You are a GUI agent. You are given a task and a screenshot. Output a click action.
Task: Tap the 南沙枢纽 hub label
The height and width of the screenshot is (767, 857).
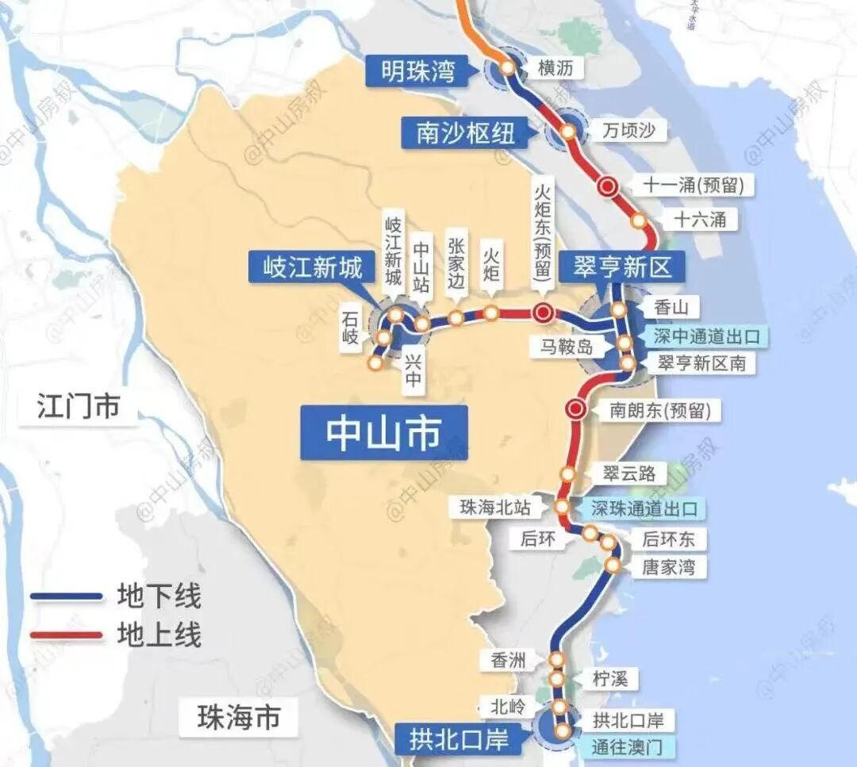pos(466,132)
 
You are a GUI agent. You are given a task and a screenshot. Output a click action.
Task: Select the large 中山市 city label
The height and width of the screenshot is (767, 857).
pos(384,433)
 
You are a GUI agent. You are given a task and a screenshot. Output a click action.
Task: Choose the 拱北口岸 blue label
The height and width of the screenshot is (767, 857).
pos(459,740)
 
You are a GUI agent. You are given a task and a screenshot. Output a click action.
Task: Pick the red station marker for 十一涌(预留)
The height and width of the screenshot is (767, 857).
pos(609,186)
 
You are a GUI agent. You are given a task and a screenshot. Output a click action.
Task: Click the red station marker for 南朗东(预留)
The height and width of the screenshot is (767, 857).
pos(577,409)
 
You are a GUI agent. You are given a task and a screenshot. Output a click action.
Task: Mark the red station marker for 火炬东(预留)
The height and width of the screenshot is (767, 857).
pos(544,313)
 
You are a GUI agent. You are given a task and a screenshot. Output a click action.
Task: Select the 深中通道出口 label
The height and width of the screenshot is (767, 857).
pos(707,336)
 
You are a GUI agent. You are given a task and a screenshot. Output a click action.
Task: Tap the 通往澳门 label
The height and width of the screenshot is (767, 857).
pos(632,746)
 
